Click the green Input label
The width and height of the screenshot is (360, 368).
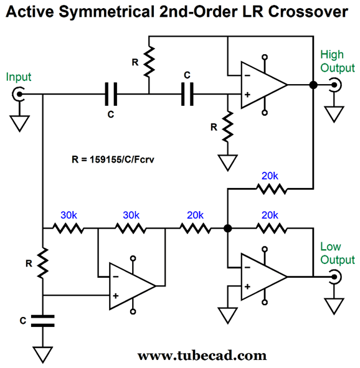pyautogui.click(x=19, y=77)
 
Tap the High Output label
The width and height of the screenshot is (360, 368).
pyautogui.click(x=337, y=62)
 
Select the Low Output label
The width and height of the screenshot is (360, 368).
pyautogui.click(x=337, y=253)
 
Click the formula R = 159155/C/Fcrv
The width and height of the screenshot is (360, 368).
pyautogui.click(x=113, y=159)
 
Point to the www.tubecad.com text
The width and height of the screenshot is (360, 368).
pyautogui.click(x=202, y=356)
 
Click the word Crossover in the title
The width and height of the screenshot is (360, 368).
pyautogui.click(x=308, y=11)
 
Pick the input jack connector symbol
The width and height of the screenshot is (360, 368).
pyautogui.click(x=18, y=94)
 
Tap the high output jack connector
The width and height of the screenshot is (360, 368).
pyautogui.click(x=335, y=85)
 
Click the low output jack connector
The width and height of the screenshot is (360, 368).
pyautogui.click(x=335, y=277)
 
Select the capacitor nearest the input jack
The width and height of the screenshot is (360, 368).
pyautogui.click(x=111, y=94)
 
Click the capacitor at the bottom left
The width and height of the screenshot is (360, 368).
pyautogui.click(x=43, y=321)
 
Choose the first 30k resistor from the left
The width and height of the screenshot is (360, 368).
pyautogui.click(x=68, y=228)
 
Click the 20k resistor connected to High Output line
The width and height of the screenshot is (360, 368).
pyautogui.click(x=272, y=189)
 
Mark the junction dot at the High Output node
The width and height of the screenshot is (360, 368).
pyautogui.click(x=313, y=85)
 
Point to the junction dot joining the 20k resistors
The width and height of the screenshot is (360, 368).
pyautogui.click(x=227, y=228)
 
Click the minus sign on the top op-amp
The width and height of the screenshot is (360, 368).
pyautogui.click(x=247, y=75)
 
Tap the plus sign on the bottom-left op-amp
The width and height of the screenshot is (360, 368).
pyautogui.click(x=116, y=296)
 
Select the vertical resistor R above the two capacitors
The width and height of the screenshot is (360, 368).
pyautogui.click(x=149, y=62)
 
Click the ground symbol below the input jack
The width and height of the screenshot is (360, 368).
pyautogui.click(x=19, y=123)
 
